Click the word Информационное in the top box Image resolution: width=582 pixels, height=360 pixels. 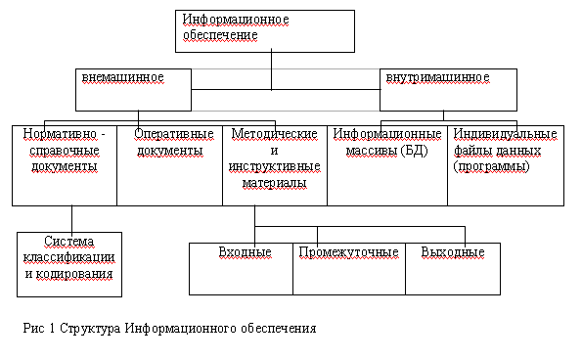point(236,20)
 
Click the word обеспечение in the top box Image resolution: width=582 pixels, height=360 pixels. point(220,35)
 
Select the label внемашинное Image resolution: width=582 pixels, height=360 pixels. point(123,77)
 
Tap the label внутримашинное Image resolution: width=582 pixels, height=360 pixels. point(438,77)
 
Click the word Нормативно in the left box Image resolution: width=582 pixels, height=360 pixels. point(60,134)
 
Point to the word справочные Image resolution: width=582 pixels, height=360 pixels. point(65,151)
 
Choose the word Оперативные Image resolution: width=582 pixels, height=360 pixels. point(174,134)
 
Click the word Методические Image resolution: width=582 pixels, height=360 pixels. point(275,134)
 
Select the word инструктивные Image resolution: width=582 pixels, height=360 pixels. point(275,166)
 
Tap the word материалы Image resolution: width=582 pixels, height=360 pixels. point(275,183)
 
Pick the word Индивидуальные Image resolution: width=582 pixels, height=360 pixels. point(505,134)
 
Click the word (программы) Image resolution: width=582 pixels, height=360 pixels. point(491,166)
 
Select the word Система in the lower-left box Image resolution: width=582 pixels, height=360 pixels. point(69,242)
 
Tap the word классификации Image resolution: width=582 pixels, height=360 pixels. point(69,257)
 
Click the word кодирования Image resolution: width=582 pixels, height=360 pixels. point(74,274)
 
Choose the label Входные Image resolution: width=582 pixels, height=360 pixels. point(245,252)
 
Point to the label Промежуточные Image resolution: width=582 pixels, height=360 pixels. point(349,252)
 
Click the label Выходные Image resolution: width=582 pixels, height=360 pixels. point(453,252)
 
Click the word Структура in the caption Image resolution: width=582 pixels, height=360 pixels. point(90,329)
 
